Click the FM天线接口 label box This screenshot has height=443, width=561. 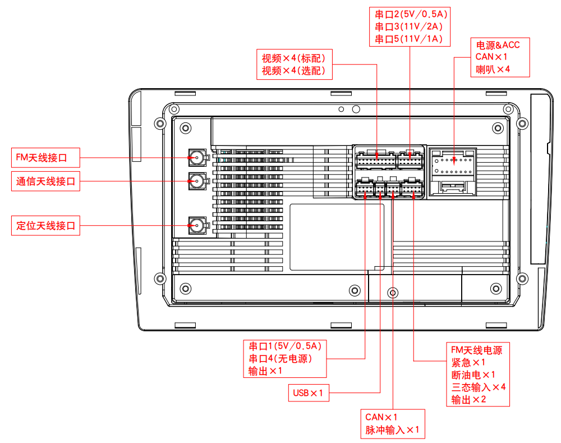[x=45, y=158]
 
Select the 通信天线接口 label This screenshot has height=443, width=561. [x=45, y=181]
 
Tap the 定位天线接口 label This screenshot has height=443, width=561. [x=45, y=226]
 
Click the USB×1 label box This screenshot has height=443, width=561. [x=308, y=393]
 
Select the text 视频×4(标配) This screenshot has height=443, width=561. [x=294, y=58]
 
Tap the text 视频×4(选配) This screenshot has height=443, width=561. [x=294, y=71]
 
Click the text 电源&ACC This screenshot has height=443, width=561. [x=498, y=45]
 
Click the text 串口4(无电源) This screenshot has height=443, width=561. [x=280, y=358]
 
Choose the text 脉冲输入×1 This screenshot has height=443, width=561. [x=393, y=430]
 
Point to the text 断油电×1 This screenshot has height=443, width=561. [x=473, y=375]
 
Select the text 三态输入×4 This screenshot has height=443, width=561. [x=479, y=387]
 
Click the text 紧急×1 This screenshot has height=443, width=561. [x=468, y=363]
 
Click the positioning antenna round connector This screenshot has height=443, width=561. [x=197, y=226]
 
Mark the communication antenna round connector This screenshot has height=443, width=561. [x=197, y=181]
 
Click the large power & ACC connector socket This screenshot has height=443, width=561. [x=453, y=171]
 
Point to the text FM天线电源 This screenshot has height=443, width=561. [x=476, y=350]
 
